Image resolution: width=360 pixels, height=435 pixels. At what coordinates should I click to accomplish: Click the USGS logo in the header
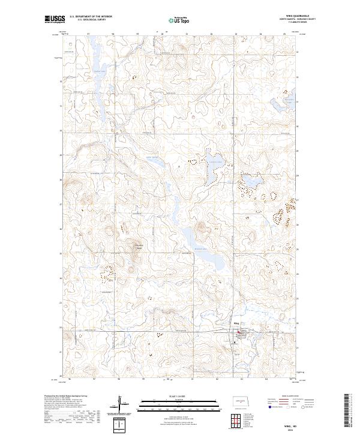click(55, 20)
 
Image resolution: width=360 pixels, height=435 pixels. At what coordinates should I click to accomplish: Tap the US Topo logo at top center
click(179, 20)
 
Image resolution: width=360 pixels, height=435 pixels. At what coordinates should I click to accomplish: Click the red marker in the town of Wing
click(239, 334)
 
